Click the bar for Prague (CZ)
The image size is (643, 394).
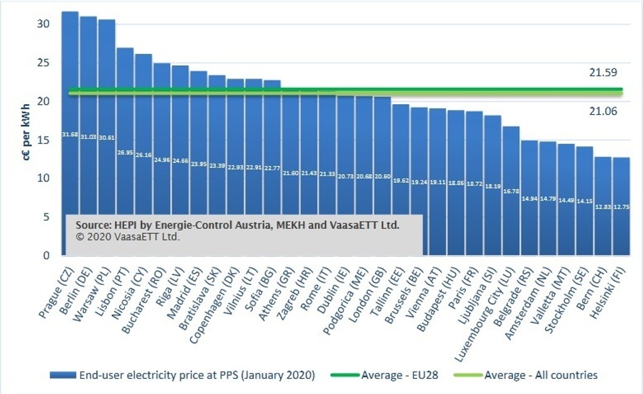tap(70, 94)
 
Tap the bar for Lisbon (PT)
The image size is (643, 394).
tap(125, 113)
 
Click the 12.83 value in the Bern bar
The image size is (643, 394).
tap(603, 208)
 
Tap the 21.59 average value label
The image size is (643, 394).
tap(602, 73)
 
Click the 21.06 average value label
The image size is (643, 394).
tap(602, 111)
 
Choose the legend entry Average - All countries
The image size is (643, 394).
tap(541, 375)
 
